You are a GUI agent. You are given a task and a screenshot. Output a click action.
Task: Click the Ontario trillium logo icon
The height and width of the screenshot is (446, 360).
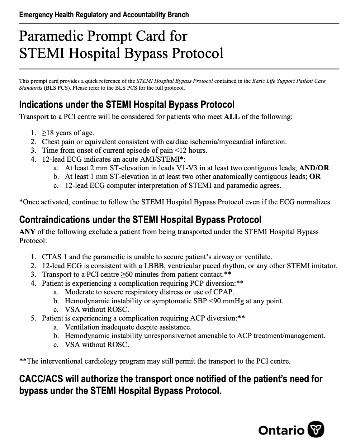(316, 430)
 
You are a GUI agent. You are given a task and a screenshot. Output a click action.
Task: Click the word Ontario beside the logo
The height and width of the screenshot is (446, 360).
(281, 430)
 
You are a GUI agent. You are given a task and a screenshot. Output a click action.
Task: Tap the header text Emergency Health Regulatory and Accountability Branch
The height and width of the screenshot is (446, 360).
(104, 15)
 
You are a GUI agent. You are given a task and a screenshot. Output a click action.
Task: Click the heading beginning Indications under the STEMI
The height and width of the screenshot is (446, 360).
(127, 105)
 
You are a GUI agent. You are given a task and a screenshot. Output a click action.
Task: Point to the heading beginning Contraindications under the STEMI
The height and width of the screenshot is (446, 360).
(140, 219)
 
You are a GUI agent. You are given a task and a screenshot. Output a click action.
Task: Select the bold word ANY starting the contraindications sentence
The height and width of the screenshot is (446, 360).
(27, 232)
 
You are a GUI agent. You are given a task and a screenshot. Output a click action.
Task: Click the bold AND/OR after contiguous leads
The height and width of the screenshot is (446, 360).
(314, 168)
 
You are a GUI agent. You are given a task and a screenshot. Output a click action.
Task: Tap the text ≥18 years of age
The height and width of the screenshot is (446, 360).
(68, 133)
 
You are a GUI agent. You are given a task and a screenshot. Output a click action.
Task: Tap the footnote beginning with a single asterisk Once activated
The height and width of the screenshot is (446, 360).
(175, 202)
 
